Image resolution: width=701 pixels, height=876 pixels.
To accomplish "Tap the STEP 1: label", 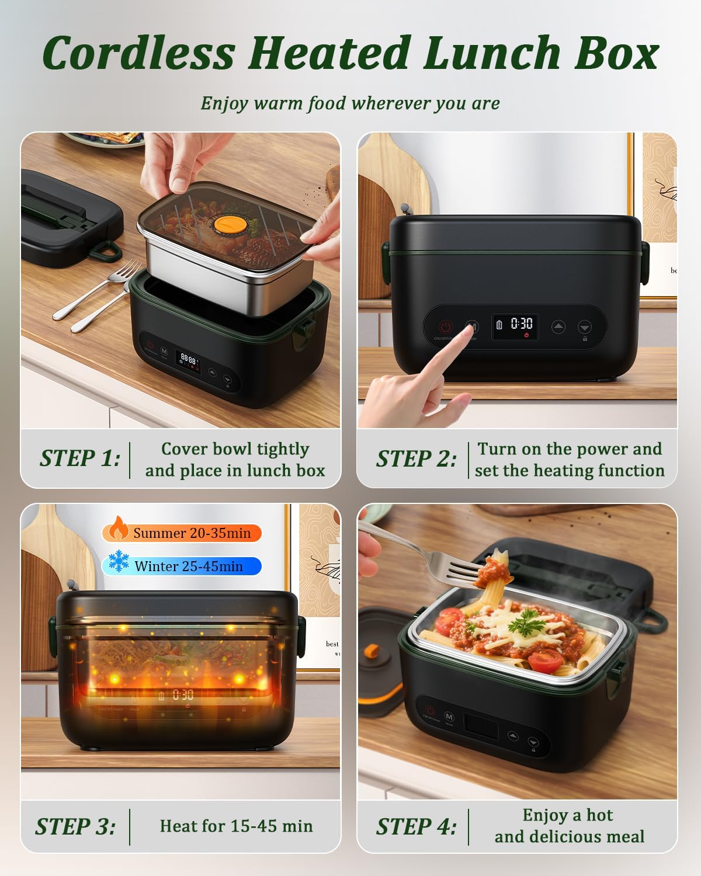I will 80,458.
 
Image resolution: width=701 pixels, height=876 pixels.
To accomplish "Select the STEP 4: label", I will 416,827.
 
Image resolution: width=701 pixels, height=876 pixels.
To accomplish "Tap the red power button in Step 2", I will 446,327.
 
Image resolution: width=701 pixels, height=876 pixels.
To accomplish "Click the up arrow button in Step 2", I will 558,327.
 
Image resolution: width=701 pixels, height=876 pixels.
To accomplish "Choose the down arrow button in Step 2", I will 585,327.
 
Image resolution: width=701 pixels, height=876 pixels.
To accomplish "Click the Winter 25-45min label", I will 189,566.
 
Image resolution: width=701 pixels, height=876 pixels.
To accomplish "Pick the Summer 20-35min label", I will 192,533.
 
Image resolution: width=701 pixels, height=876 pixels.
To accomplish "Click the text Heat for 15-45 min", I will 236,826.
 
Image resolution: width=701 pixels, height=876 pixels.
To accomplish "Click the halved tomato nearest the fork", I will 451,618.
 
